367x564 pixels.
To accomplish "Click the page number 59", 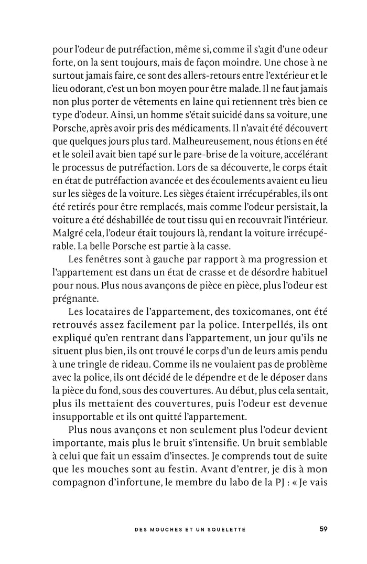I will (x=323, y=529).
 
